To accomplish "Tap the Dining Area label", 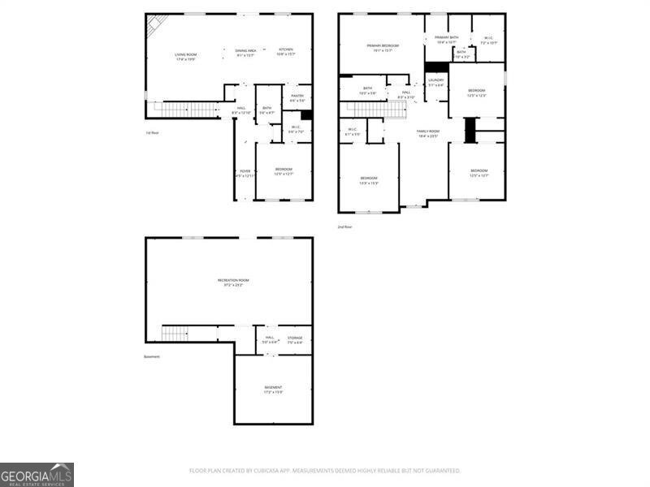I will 246,51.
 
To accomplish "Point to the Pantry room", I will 297,97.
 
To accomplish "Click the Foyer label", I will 245,172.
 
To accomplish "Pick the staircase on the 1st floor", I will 187,110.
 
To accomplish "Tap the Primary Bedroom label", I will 383,47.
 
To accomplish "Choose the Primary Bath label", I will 447,38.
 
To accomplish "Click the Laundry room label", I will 436,81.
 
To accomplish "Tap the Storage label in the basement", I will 294,339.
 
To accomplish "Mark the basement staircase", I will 175,333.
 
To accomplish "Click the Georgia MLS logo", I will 37,474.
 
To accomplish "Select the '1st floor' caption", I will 151,132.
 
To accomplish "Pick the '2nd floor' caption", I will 344,226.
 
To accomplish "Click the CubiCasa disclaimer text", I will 325,470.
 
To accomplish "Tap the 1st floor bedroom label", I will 283,170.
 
